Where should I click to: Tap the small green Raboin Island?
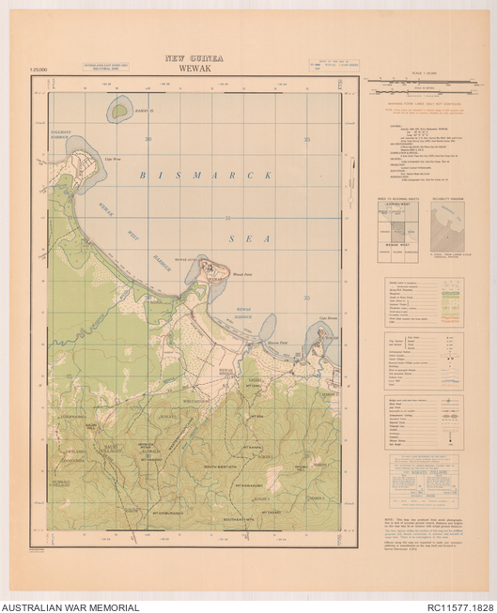tap(118, 111)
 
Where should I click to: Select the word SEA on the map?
tap(254, 238)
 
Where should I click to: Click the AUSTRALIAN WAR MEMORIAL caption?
tap(70, 607)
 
